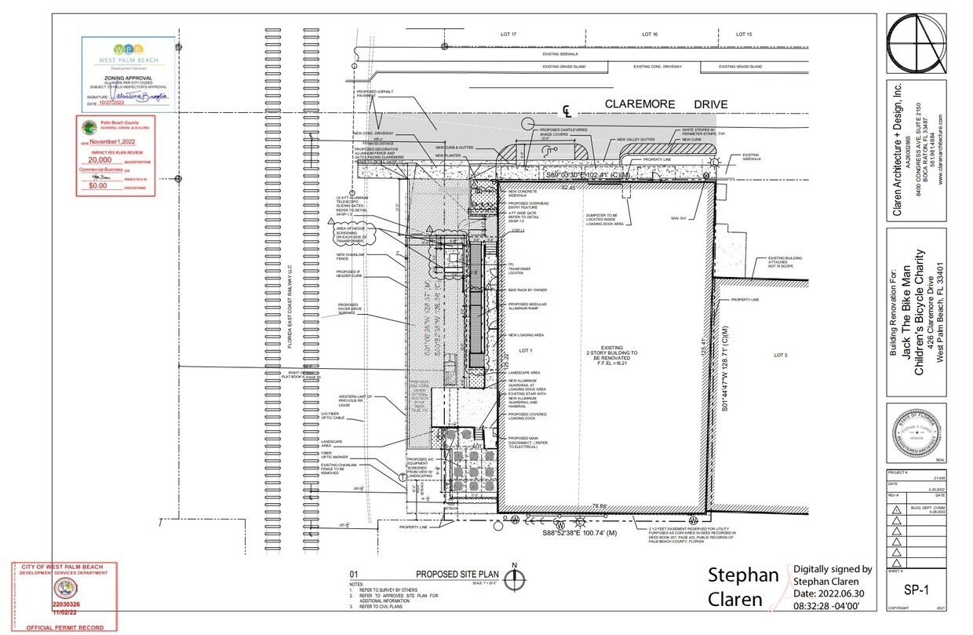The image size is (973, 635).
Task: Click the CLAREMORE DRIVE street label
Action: [x=666, y=104]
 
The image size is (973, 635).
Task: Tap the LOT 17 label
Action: [x=509, y=35]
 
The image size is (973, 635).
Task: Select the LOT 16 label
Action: [x=649, y=35]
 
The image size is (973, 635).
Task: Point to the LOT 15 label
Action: [x=744, y=35]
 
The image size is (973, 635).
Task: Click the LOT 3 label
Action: [x=780, y=356]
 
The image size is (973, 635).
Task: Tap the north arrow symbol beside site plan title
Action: [x=514, y=579]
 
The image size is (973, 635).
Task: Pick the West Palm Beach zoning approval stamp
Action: [x=128, y=73]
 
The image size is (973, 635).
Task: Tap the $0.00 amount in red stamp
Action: [x=97, y=186]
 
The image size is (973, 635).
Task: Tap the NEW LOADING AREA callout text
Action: [x=527, y=335]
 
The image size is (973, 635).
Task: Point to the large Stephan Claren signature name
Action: [x=744, y=587]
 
